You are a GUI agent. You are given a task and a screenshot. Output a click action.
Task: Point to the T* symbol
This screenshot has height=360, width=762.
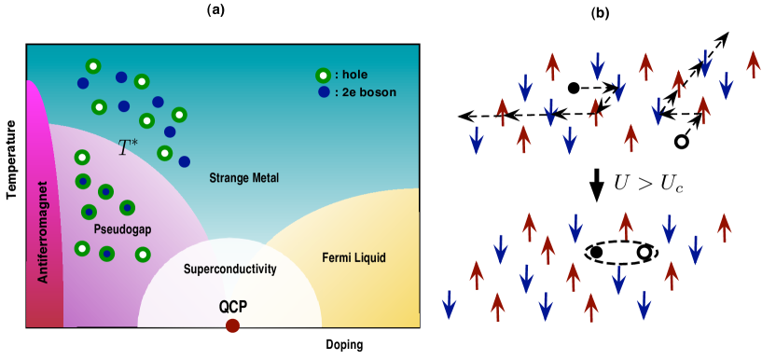pos(128,147)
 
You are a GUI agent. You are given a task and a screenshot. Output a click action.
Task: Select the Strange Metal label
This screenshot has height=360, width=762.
pos(243,178)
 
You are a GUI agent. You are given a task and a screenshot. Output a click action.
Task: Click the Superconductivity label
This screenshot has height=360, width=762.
pos(230,269)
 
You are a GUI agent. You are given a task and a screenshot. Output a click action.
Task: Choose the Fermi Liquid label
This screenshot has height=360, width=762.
pos(353,257)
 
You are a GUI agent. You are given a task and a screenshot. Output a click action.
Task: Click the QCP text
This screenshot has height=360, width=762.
pos(232,306)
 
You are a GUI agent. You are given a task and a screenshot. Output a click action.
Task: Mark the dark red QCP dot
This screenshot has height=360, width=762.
pos(232,325)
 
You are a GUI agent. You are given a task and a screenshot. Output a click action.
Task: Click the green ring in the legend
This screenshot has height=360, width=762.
pos(323,76)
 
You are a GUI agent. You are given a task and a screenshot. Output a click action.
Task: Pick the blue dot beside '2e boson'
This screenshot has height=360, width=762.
pos(323,92)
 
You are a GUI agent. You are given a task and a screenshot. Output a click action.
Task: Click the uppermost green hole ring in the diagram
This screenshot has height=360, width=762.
pos(93,66)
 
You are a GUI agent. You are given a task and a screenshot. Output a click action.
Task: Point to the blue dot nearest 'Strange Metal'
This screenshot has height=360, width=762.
pos(185,161)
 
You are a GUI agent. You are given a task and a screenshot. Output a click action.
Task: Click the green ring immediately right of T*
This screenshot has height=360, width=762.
pos(165,153)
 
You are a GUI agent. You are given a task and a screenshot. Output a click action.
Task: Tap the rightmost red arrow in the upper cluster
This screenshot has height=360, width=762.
pos(754,64)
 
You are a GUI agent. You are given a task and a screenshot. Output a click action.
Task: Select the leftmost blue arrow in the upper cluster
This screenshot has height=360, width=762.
pos(477,141)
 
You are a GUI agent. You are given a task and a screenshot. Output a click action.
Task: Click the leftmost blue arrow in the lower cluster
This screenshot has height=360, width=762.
pos(449,304)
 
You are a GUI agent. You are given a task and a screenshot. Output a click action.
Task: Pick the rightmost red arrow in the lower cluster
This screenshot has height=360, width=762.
pos(724,227)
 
